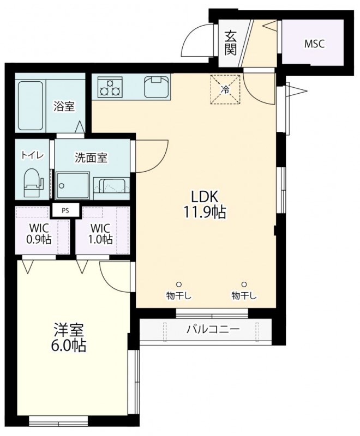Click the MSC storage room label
tap(314, 44)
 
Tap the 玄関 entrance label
tap(231, 43)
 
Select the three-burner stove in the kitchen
tap(110, 87)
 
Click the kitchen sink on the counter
tap(157, 87)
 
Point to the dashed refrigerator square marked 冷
tap(225, 89)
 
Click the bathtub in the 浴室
tap(31, 106)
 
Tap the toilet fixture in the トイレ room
tap(33, 183)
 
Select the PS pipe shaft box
tap(65, 210)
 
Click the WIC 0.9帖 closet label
tap(39, 234)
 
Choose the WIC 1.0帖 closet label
tap(100, 234)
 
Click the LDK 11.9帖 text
tap(204, 205)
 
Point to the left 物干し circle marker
tap(179, 284)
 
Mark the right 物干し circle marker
tap(244, 284)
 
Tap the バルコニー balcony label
tap(213, 330)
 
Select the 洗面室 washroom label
tap(91, 158)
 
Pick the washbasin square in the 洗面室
tap(73, 185)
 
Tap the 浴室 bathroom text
tap(64, 106)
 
